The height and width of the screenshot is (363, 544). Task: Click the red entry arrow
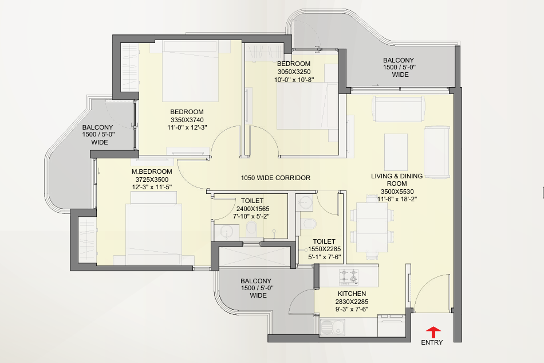tap(433, 332)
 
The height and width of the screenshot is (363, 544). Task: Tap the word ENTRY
tap(432, 342)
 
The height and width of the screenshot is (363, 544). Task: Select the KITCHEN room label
tap(352, 294)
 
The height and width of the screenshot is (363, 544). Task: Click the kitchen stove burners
tap(349, 276)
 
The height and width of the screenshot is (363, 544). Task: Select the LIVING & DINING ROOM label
tap(397, 179)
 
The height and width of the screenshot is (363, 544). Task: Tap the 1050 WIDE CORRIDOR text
tap(275, 178)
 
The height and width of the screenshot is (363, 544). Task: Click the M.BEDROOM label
tap(152, 171)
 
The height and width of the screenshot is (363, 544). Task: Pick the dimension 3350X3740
tap(187, 120)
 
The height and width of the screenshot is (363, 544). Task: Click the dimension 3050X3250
tap(294, 72)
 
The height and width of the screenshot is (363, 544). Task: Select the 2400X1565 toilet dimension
tap(253, 209)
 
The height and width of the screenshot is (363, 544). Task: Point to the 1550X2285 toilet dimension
tap(324, 249)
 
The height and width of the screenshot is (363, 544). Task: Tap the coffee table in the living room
tap(396, 152)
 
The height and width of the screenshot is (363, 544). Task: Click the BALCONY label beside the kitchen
tap(256, 280)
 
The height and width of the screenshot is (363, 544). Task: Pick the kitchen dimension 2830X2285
tap(352, 302)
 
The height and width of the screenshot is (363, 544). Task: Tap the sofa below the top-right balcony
tap(399, 109)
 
